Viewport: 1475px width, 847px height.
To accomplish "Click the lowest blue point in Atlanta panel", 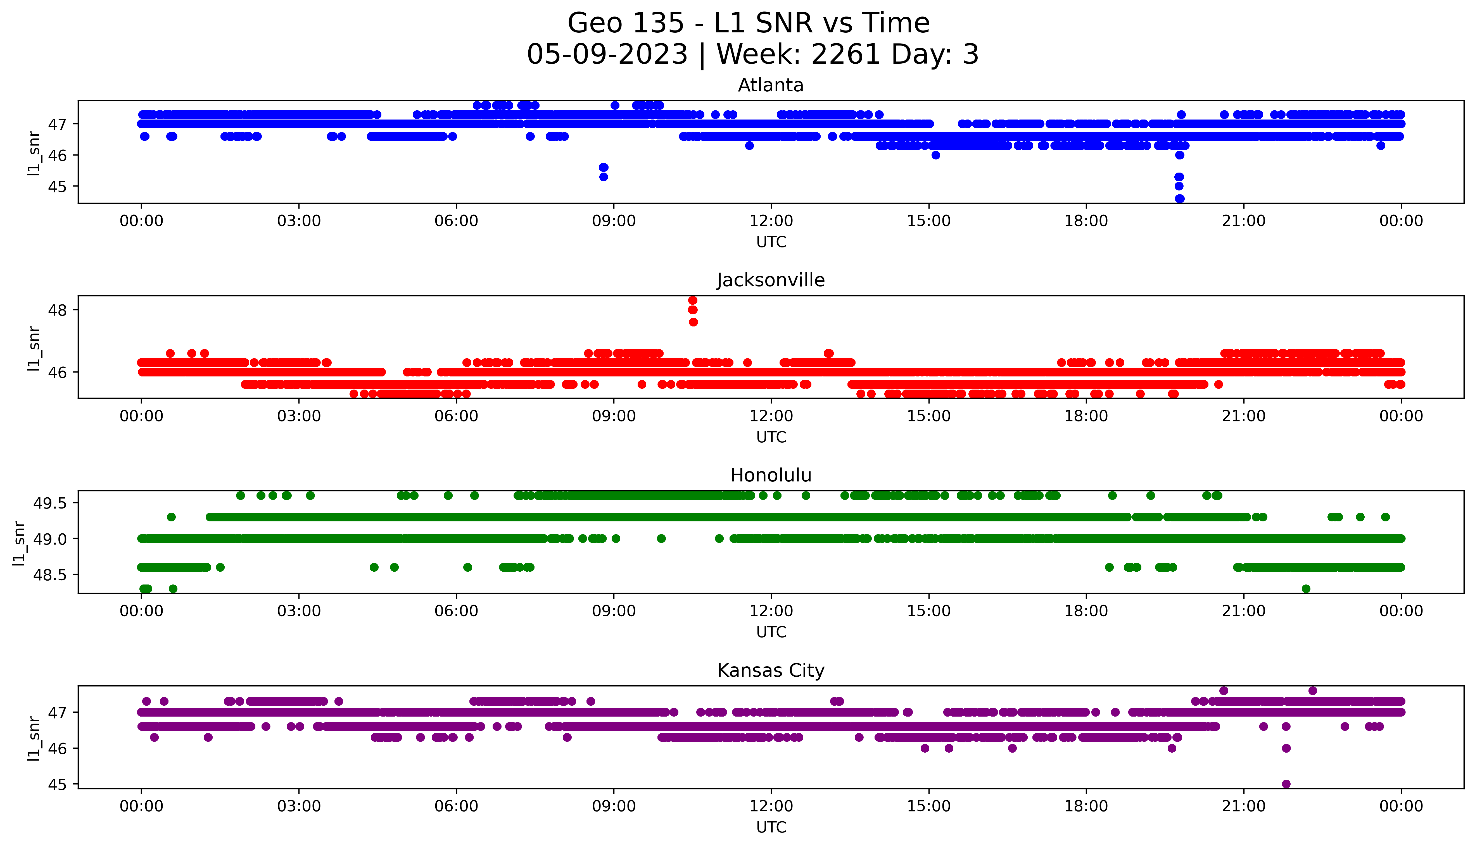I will click(x=1179, y=198).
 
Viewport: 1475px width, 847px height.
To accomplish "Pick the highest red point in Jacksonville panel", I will click(x=692, y=300).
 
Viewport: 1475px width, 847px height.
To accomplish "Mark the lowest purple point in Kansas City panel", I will click(x=1286, y=784).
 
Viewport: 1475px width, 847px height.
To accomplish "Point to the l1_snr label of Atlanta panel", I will click(x=34, y=153).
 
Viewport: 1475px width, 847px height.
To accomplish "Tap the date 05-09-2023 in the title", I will click(x=607, y=55).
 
